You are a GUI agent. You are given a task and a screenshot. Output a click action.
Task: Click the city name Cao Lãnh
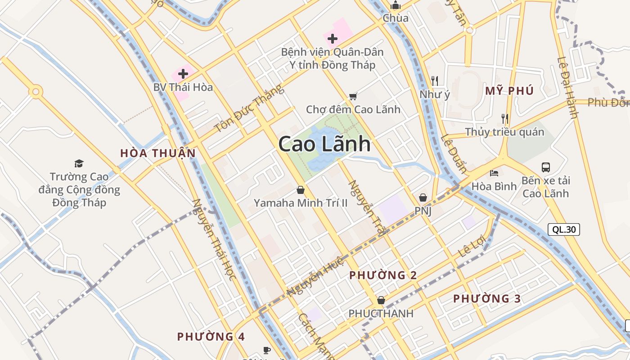[324, 144]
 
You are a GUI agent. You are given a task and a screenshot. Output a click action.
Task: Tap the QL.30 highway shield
[564, 229]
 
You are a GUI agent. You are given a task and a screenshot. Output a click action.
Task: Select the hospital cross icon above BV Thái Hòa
[183, 74]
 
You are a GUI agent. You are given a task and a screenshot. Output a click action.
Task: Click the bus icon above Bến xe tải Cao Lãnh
[546, 167]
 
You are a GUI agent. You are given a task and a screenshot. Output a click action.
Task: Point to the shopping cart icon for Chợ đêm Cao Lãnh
[353, 96]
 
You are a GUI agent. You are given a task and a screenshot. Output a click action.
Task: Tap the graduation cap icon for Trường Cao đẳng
[79, 163]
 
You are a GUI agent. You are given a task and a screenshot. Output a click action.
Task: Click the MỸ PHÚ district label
[509, 91]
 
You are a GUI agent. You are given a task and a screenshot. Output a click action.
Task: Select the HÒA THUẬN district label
[158, 153]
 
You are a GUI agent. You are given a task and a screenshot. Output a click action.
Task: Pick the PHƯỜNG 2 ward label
[383, 275]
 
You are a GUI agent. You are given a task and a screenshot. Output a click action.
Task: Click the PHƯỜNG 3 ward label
[487, 298]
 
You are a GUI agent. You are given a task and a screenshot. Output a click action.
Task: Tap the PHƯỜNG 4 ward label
[211, 336]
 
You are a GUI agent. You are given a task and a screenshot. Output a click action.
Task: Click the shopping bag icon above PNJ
[423, 198]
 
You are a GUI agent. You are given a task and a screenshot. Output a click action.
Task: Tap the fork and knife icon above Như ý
[434, 81]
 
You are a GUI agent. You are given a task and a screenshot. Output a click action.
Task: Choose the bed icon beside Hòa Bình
[494, 173]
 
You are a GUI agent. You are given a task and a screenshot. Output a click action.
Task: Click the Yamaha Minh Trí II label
[301, 203]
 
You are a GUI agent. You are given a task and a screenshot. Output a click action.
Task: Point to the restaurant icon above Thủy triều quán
[505, 119]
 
